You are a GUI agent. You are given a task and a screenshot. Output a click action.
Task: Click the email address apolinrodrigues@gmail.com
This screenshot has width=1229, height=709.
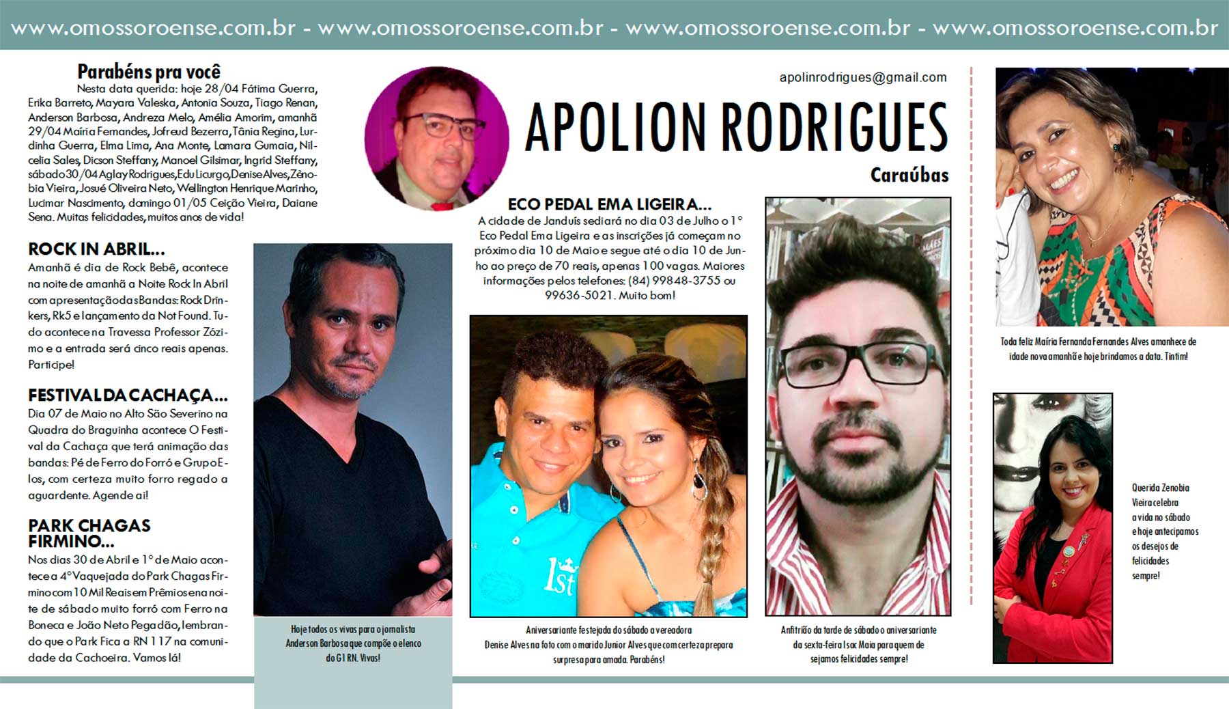coord(863,77)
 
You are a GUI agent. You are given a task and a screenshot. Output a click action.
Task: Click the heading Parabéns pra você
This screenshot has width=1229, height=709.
coord(149,72)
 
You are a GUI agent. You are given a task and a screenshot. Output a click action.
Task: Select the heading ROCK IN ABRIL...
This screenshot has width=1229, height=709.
coord(96,249)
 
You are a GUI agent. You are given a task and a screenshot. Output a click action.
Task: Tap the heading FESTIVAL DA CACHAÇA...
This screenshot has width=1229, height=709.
coord(128,395)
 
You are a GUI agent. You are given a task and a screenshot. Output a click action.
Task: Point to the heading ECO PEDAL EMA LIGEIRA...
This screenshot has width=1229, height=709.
coord(609,204)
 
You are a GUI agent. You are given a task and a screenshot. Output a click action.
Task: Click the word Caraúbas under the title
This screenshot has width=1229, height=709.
coord(909,176)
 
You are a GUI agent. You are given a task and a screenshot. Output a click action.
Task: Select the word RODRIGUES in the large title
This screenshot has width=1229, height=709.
coord(834,128)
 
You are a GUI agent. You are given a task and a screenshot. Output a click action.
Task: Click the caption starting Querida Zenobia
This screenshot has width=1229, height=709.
coord(1165,531)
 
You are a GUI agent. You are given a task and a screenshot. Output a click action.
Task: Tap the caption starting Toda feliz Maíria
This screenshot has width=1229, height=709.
coord(1098,348)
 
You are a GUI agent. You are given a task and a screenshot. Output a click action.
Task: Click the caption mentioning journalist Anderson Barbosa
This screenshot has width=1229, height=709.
coord(353,643)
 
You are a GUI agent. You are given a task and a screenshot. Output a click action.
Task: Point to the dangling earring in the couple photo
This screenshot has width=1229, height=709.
coord(699,482)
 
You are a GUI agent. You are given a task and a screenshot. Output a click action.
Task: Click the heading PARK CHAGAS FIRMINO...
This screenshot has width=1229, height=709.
coord(89,533)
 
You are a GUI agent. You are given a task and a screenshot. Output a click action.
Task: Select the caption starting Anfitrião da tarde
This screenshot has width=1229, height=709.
coord(858,644)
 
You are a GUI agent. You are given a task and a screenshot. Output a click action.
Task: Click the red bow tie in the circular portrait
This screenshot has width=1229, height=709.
coord(442,205)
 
